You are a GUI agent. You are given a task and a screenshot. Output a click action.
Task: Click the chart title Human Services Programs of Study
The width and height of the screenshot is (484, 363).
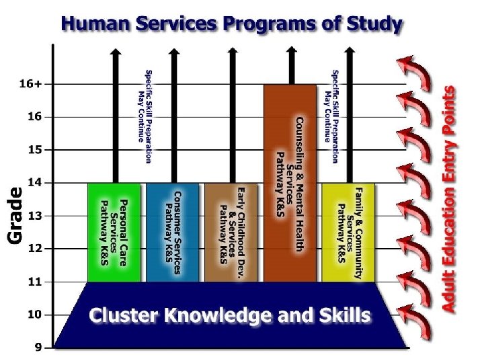tap(232, 25)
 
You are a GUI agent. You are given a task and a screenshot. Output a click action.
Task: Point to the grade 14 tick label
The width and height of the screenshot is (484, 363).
tap(34, 183)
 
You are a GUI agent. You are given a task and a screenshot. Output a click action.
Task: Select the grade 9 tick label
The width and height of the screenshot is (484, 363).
tap(38, 348)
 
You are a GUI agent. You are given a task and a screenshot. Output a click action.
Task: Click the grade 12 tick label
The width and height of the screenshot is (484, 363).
tap(34, 249)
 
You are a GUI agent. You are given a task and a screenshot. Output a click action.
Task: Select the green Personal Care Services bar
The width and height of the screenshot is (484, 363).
tap(114, 232)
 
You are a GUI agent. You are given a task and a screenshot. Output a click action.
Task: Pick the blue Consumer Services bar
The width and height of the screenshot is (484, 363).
tap(173, 232)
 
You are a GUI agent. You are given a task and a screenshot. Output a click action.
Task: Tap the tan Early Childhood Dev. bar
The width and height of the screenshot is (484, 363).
tap(231, 232)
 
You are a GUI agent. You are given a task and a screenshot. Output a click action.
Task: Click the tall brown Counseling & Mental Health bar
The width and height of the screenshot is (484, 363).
tap(289, 182)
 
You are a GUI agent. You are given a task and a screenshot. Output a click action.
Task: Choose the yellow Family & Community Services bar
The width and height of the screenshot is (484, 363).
tap(348, 232)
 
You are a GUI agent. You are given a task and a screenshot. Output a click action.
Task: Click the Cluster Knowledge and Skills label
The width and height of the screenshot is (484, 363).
tap(230, 315)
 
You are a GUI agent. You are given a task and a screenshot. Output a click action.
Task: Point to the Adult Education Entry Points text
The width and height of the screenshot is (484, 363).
tap(449, 198)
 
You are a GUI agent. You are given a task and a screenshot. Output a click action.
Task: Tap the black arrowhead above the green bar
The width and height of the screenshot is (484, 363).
tap(116, 51)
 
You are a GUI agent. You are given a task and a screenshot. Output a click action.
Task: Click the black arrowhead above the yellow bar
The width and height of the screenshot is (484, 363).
tap(349, 51)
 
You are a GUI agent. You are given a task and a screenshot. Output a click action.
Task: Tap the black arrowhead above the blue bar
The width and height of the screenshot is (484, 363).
tap(174, 51)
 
